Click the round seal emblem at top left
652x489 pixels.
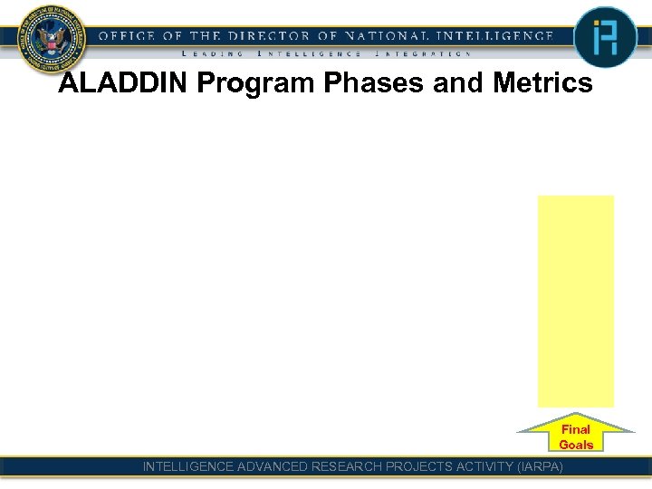coord(50,38)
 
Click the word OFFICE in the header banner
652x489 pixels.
coord(128,36)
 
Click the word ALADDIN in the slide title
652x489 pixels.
coord(123,84)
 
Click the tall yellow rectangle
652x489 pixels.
coord(576,301)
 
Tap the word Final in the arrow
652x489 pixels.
coord(576,429)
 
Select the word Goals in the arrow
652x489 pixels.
coord(576,445)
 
